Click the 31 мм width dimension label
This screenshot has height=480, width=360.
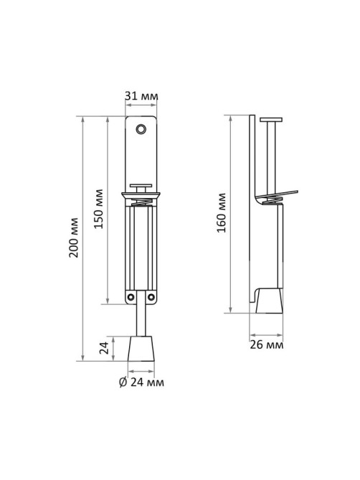[x=141, y=96]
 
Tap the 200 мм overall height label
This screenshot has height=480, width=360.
[x=73, y=237]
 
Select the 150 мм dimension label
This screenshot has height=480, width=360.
[x=98, y=209]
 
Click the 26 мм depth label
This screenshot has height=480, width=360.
[x=266, y=344]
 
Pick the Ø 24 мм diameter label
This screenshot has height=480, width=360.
[x=141, y=382]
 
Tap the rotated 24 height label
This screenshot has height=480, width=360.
[x=104, y=348]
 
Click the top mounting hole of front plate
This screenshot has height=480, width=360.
[x=141, y=129]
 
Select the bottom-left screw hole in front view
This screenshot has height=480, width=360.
[x=131, y=296]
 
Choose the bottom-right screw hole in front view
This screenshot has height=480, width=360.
[x=151, y=296]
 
